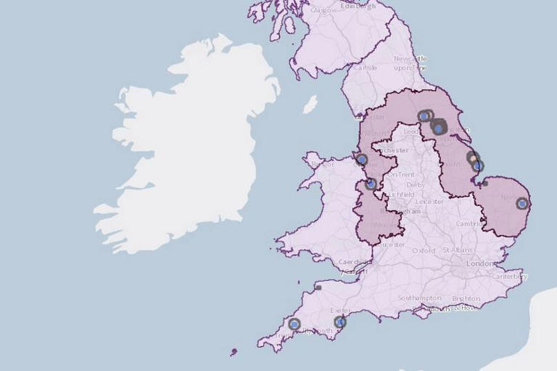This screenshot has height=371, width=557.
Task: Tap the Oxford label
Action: click(x=424, y=250)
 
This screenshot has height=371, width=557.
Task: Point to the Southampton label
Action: click(x=419, y=298)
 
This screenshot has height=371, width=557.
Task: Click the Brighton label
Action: click(x=465, y=298)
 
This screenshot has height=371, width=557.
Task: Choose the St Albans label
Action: click(x=457, y=250)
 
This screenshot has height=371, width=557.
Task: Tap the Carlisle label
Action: click(x=366, y=68)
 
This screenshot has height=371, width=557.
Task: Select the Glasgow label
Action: click(x=323, y=10)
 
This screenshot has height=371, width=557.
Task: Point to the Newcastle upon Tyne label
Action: click(x=410, y=63)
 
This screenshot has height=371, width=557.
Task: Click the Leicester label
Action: click(x=430, y=201)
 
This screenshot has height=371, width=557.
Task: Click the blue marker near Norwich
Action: click(x=522, y=203)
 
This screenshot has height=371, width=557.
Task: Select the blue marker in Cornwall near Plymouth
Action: click(x=294, y=325)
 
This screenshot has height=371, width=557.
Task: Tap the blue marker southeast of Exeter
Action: click(x=339, y=322)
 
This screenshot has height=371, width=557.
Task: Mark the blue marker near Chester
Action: click(x=362, y=159)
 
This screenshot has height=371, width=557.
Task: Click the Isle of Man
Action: click(x=310, y=105)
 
